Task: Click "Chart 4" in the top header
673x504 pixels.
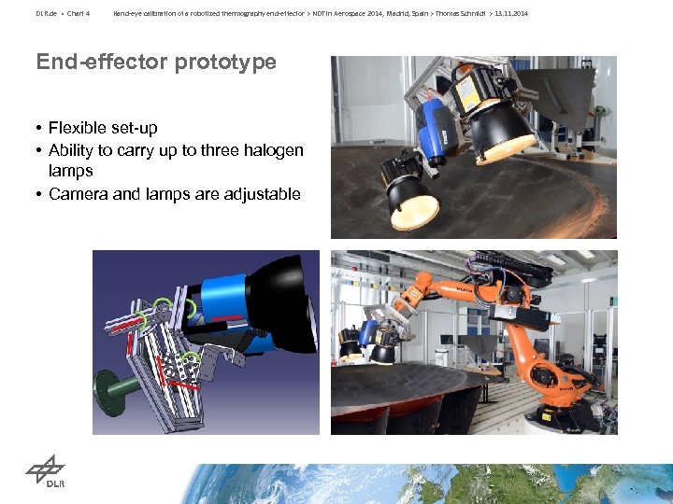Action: (x=77, y=13)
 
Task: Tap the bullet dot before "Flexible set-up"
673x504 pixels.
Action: (x=40, y=128)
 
